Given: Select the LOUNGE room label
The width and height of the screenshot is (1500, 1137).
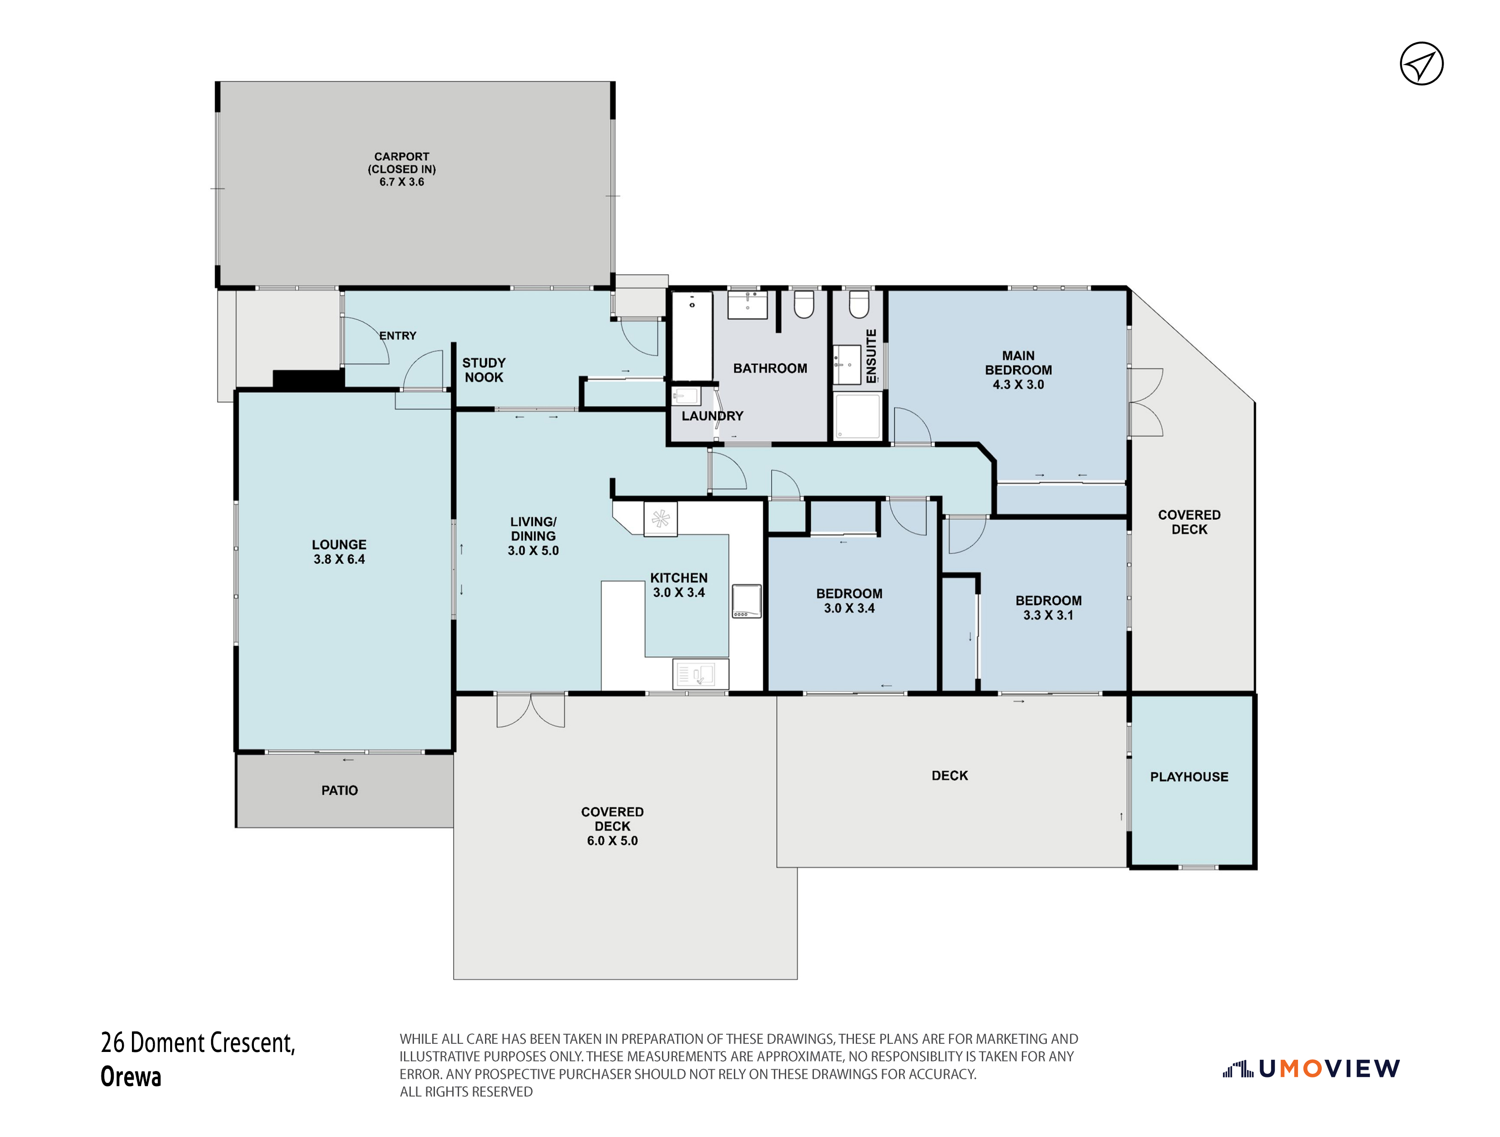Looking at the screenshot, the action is pos(339,544).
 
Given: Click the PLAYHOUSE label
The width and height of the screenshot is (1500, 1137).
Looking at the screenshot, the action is pos(1189,777).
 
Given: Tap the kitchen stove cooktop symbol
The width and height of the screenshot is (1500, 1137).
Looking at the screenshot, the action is pos(747,601).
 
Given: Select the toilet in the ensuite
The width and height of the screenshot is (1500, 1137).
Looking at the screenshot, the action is pos(859,304).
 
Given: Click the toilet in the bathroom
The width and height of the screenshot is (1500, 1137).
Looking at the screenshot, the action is pos(803,304).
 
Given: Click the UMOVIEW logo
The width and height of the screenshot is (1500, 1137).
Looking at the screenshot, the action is pos(1312,1070).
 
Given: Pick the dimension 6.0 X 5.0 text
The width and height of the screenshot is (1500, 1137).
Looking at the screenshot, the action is pos(612,841).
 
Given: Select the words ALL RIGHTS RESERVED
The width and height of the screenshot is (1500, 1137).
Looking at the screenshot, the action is pos(466,1092).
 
